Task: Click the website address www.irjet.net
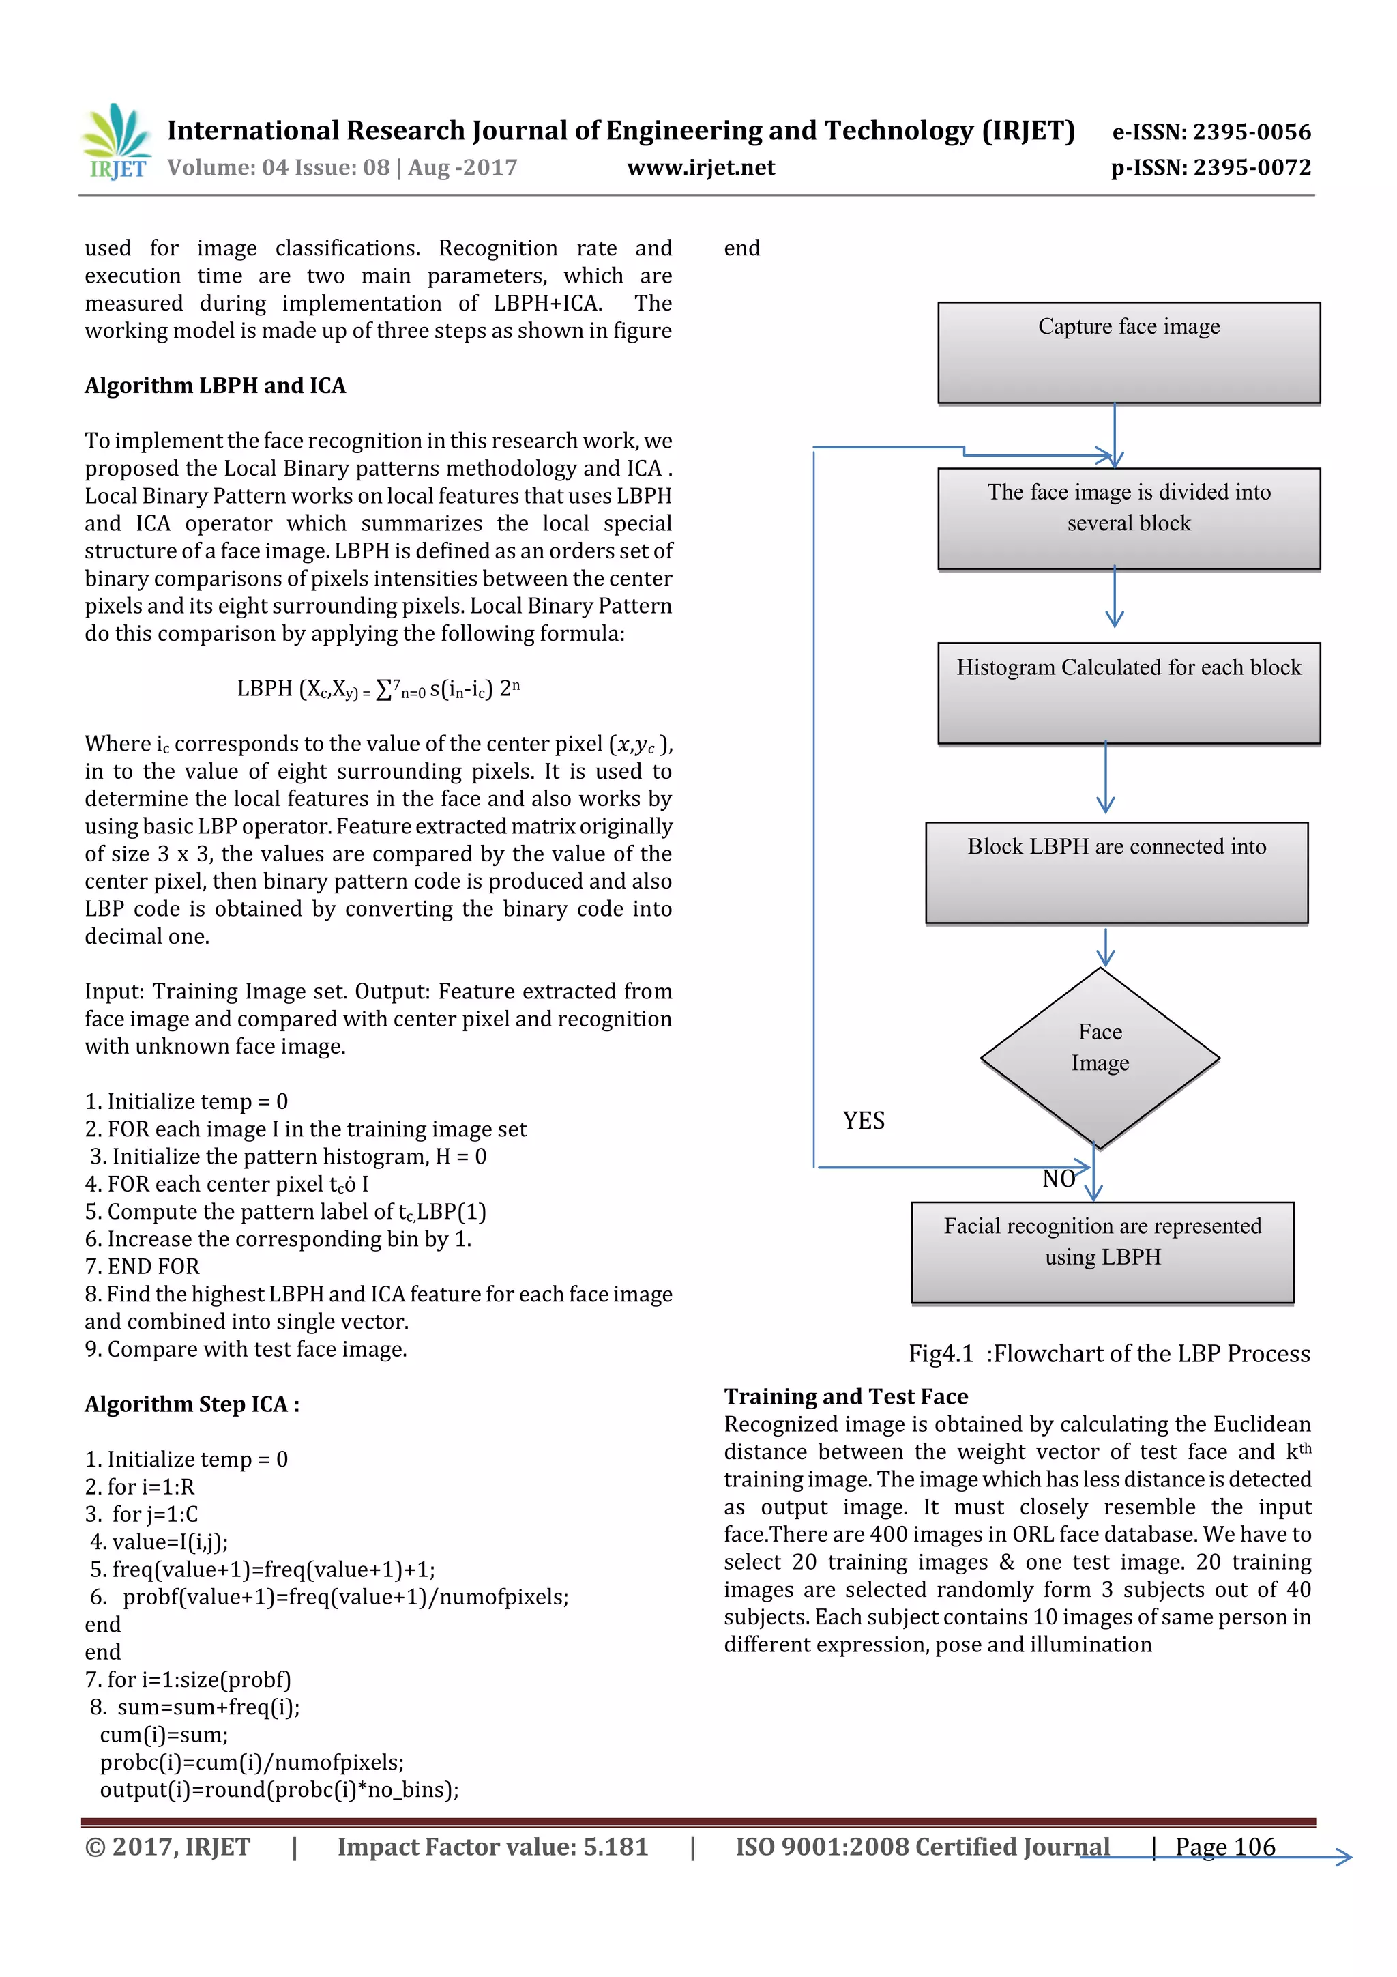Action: (x=701, y=168)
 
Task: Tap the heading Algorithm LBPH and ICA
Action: (x=215, y=386)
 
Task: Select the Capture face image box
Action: (x=1128, y=352)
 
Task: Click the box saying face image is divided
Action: (x=1128, y=519)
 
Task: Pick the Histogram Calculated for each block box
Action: (x=1128, y=693)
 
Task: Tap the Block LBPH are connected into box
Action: (x=1117, y=872)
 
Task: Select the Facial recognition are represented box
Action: (x=1102, y=1252)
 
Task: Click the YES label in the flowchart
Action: (x=864, y=1121)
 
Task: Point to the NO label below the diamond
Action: (x=1058, y=1179)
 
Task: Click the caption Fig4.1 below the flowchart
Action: (x=1108, y=1353)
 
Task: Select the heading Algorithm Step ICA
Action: (x=192, y=1404)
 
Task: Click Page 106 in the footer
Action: (x=1225, y=1846)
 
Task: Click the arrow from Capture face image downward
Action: (x=1115, y=435)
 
